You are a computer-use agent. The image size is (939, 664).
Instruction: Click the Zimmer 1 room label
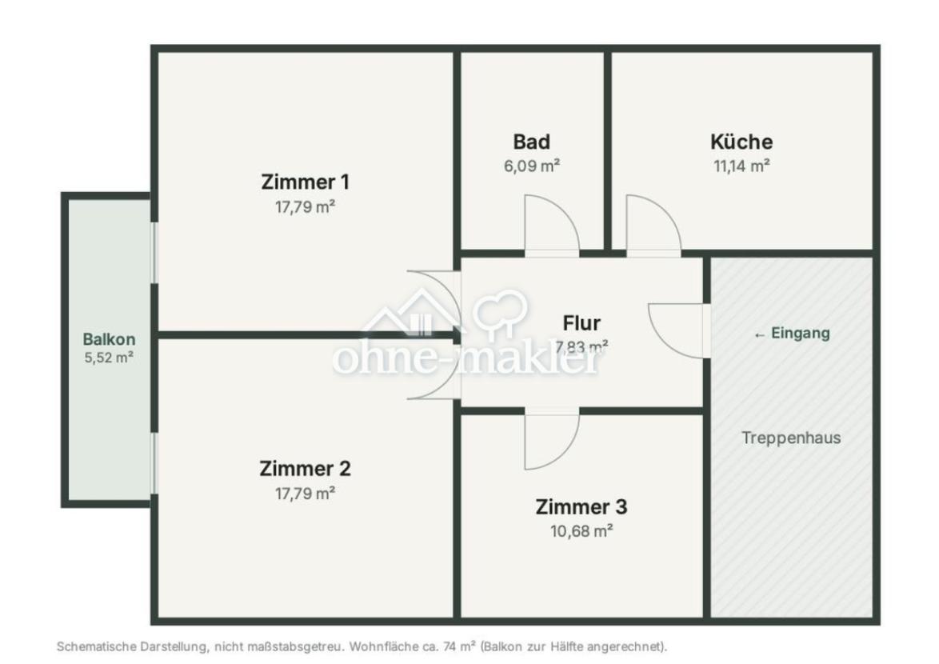[x=305, y=182]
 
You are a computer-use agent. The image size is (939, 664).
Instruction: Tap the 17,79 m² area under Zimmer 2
[x=305, y=494]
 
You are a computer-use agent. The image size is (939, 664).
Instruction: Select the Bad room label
[x=531, y=142]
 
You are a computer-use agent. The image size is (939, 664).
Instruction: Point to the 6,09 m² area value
[x=531, y=166]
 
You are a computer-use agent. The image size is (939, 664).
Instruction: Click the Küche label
[x=741, y=142]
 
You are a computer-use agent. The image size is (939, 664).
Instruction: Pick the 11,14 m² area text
[x=741, y=166]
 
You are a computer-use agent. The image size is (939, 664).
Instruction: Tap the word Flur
[x=581, y=323]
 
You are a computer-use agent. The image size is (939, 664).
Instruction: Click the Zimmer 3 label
[x=581, y=506]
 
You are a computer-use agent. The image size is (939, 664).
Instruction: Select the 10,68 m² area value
[x=581, y=531]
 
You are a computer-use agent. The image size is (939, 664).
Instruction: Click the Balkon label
[x=109, y=339]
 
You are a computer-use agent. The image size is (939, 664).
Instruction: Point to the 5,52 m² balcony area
[x=109, y=358]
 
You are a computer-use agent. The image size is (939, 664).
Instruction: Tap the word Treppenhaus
[x=791, y=438]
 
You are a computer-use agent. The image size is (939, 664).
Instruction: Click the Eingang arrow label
[x=792, y=333]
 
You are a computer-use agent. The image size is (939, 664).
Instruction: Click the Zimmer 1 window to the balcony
[x=154, y=252]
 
